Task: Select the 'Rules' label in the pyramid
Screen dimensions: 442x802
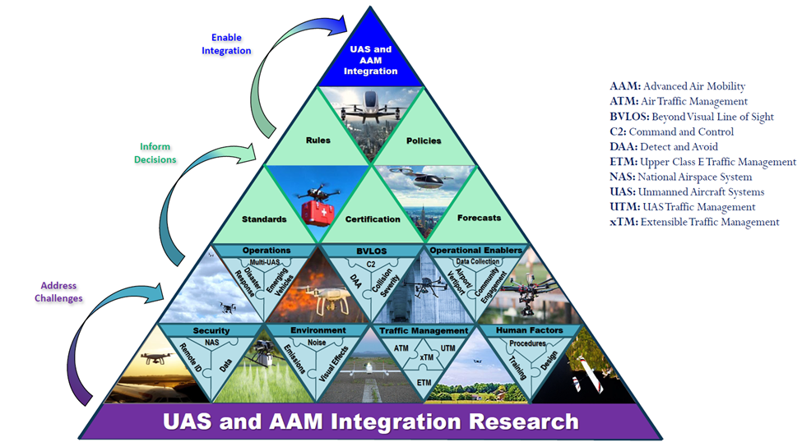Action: point(318,140)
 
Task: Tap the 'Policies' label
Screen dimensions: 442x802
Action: point(424,140)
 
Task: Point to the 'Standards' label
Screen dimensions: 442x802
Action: point(264,219)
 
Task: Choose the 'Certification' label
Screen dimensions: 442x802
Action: point(371,219)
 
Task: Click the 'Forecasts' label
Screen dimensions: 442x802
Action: point(479,219)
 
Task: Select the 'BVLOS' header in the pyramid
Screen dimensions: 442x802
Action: point(371,250)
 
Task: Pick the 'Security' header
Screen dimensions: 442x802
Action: point(211,330)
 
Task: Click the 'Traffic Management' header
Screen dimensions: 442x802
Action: point(424,330)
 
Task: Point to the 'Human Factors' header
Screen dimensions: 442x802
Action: point(531,330)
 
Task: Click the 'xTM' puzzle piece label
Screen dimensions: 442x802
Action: point(425,358)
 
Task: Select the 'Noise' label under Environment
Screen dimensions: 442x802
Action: point(318,343)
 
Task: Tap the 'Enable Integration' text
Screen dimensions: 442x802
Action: point(231,44)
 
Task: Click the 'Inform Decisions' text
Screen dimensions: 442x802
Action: point(156,154)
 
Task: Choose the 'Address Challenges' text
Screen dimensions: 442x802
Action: point(58,292)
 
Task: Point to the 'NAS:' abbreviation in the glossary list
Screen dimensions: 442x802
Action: point(624,177)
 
